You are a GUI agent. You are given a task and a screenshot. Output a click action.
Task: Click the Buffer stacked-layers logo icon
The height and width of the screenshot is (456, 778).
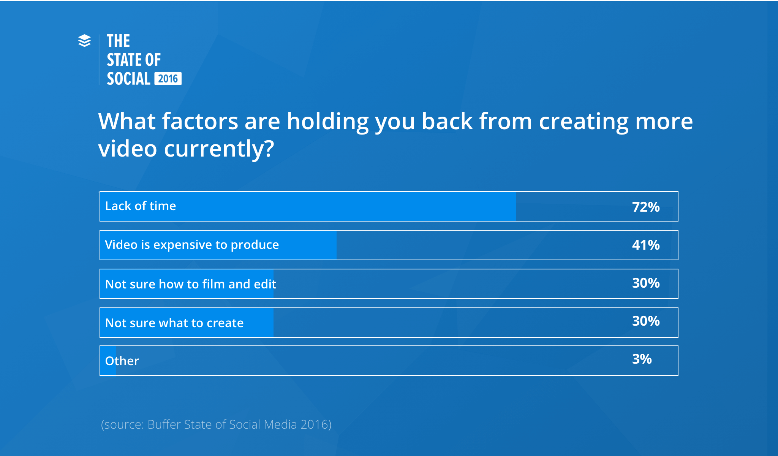click(84, 41)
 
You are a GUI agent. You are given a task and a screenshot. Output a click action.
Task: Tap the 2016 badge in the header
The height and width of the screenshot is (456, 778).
click(168, 79)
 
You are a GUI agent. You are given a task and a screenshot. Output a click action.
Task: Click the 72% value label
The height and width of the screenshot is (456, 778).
click(646, 207)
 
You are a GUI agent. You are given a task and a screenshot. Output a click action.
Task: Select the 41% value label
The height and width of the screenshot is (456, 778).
click(646, 245)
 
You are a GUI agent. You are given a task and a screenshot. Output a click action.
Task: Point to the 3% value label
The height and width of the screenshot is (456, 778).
click(642, 359)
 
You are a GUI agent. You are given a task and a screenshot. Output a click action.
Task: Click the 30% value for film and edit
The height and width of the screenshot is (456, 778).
click(646, 283)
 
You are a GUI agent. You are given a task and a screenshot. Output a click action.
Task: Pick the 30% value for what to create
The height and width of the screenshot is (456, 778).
click(646, 321)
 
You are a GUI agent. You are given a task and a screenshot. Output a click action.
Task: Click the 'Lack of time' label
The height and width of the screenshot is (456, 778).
click(141, 206)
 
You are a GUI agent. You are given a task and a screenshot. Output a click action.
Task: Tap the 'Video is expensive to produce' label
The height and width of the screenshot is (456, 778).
click(192, 245)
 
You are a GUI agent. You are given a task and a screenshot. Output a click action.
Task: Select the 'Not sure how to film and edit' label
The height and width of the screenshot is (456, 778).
click(191, 284)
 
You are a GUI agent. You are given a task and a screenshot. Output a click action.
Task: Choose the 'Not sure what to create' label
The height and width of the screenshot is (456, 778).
click(174, 323)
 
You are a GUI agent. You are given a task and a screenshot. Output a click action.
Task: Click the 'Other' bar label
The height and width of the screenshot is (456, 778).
click(122, 361)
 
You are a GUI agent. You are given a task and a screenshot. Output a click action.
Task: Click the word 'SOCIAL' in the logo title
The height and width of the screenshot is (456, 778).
click(129, 79)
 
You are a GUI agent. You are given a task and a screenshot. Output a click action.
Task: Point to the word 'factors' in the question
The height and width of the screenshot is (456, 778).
click(200, 121)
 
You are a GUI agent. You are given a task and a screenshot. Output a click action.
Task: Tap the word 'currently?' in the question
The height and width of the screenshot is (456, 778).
click(219, 149)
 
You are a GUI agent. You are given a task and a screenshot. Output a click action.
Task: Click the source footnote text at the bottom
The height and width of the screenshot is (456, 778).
click(216, 424)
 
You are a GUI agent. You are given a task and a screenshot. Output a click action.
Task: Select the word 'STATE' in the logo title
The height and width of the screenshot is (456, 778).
click(125, 60)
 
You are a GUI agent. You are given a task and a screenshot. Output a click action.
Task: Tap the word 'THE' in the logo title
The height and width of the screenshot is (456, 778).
click(118, 41)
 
